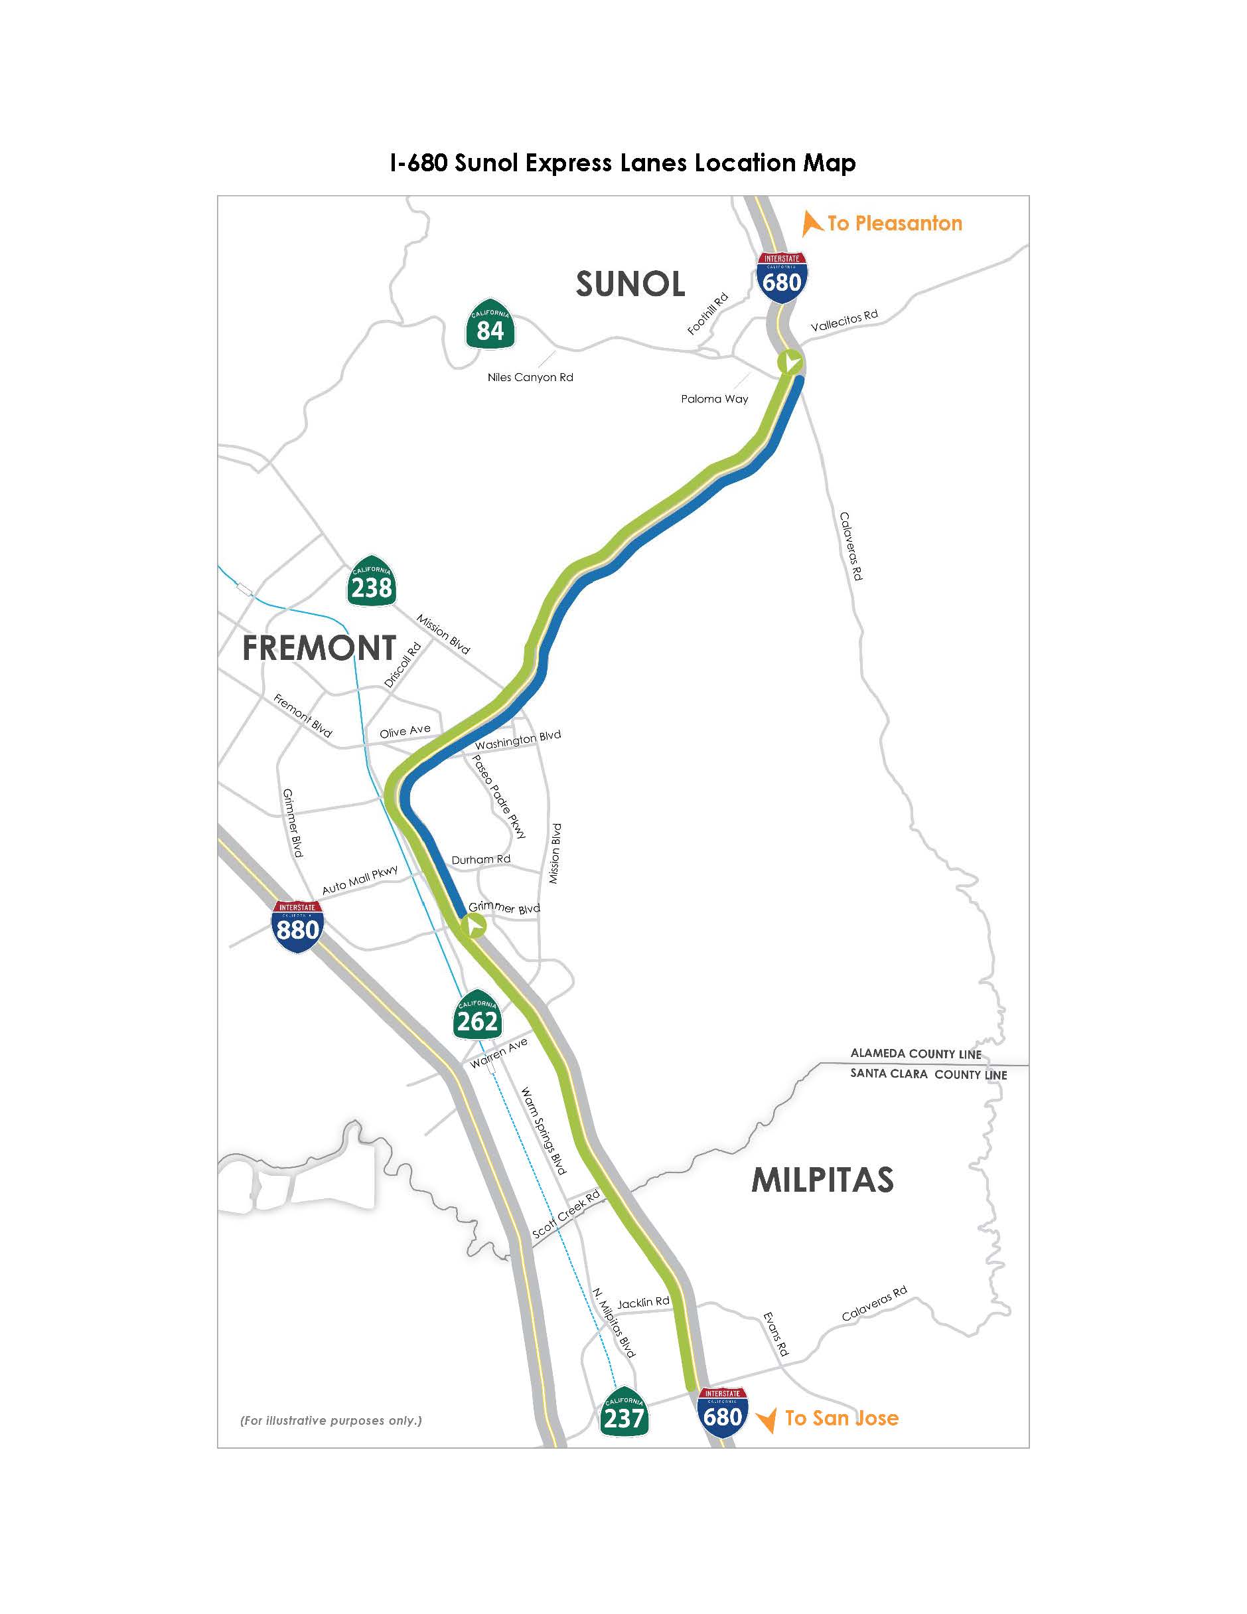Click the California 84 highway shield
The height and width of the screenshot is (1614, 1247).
490,325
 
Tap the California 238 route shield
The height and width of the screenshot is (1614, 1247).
371,582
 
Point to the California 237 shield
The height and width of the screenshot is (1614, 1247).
624,1412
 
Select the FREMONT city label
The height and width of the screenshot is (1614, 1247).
319,648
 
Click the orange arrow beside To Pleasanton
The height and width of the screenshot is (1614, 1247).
811,223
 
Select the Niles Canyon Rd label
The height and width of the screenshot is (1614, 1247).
530,378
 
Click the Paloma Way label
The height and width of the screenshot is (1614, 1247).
714,399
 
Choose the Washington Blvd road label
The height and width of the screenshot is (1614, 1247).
518,740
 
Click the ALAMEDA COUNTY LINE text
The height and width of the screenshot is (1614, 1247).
915,1054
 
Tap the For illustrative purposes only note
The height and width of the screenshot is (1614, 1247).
331,1420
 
